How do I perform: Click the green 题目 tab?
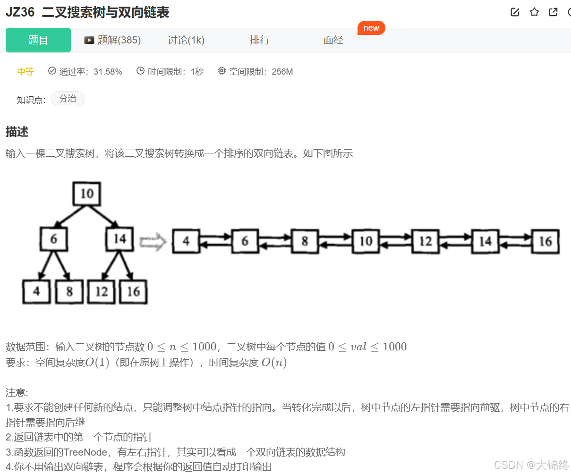tap(38, 40)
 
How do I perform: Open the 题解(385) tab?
tap(113, 40)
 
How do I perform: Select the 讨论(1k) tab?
tap(186, 40)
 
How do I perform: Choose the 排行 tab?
tap(259, 40)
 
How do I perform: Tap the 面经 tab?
tap(333, 40)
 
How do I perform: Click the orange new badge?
tap(371, 28)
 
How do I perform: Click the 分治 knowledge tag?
tap(68, 99)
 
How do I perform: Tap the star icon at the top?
tap(534, 12)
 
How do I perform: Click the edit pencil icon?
tap(515, 12)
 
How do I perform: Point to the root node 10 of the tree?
tap(87, 194)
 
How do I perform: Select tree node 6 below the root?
tap(53, 239)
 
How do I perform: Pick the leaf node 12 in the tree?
tap(102, 291)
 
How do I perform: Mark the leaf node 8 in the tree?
tap(69, 291)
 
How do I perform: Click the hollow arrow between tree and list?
tap(153, 242)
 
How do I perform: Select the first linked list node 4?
tap(186, 241)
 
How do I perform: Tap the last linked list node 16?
tap(545, 241)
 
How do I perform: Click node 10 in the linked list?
tap(366, 241)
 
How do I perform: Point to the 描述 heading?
tap(17, 132)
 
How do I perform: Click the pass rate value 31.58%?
tap(108, 72)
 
